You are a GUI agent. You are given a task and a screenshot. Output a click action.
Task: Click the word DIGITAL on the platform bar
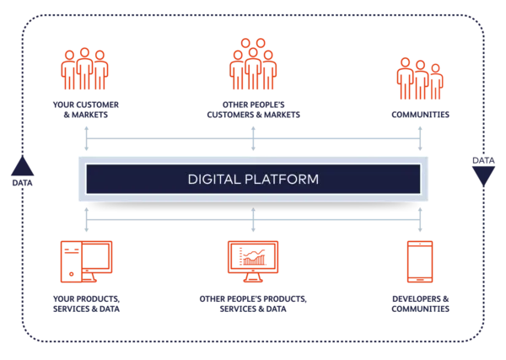[214, 180]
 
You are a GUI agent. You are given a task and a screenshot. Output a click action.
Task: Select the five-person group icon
[253, 66]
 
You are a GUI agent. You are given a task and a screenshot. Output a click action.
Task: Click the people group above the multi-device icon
[85, 70]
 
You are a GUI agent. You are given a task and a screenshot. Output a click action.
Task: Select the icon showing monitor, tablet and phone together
[85, 260]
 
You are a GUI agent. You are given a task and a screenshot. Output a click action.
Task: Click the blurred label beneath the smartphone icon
[419, 304]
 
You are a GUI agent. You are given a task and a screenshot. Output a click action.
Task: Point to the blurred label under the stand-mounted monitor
[253, 304]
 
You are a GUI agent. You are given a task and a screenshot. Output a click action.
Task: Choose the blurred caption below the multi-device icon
[85, 304]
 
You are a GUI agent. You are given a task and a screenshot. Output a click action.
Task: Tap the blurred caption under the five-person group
[253, 111]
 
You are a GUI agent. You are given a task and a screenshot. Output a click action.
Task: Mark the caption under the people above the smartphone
[419, 112]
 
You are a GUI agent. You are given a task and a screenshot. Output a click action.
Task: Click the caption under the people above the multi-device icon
[85, 110]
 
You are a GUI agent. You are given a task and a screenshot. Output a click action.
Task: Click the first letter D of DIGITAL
[191, 180]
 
